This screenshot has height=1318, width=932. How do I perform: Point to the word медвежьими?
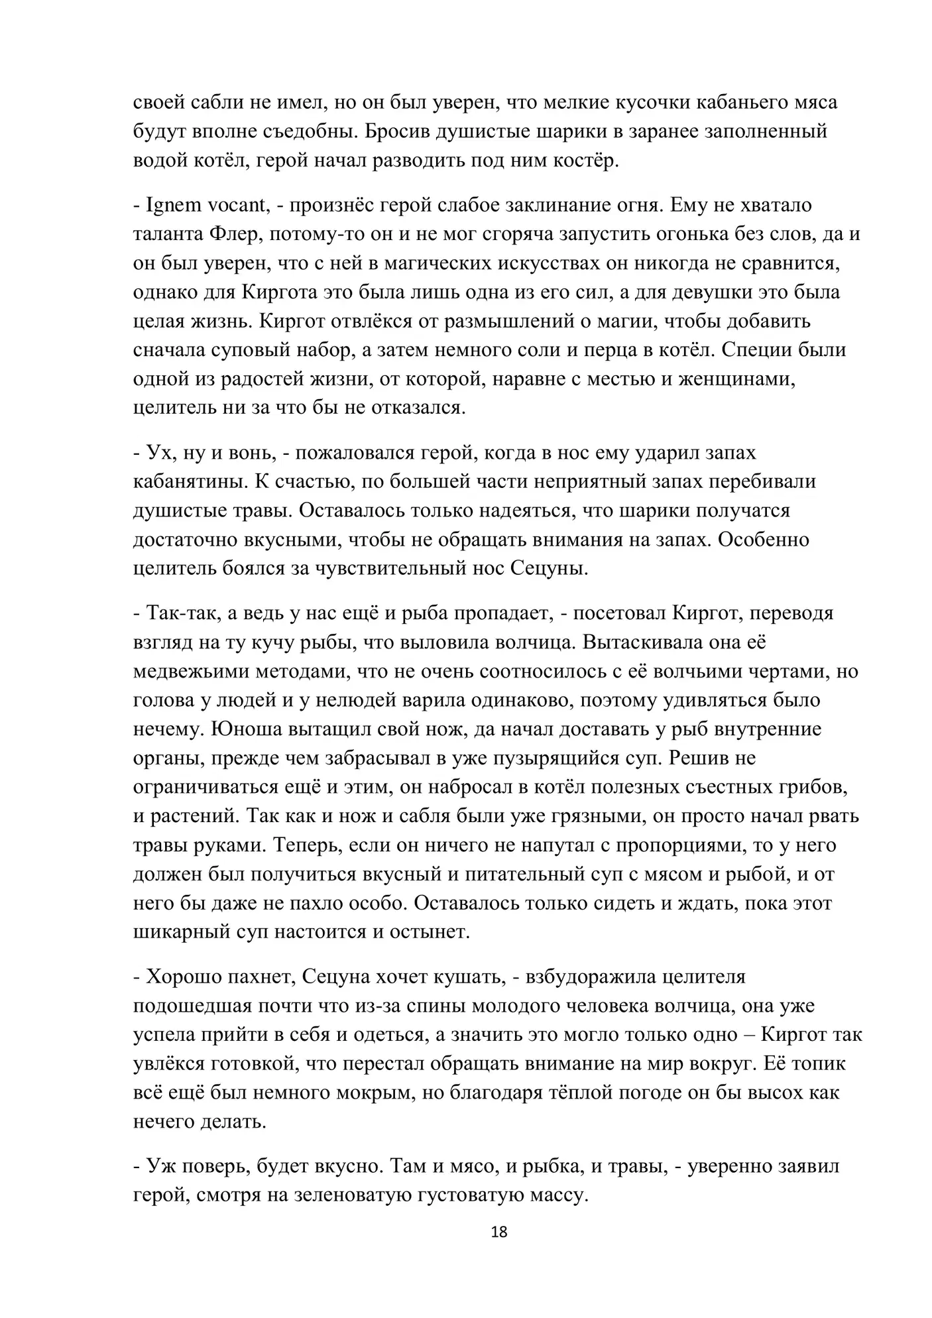point(193,671)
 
